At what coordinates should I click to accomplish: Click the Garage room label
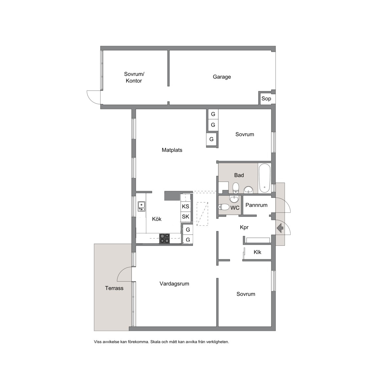coord(222,77)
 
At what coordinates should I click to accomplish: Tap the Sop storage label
coord(266,99)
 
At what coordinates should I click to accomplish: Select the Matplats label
coord(172,150)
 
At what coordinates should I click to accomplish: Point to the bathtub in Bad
coord(264,178)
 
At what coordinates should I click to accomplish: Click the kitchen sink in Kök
coord(141,206)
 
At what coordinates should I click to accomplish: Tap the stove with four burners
coord(165,238)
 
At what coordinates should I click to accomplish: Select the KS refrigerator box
coord(185,206)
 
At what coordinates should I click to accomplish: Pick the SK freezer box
coord(185,217)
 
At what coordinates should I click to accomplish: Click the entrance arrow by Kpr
coord(280,228)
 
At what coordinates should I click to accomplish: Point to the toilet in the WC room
coord(224,207)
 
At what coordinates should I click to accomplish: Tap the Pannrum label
coord(256,205)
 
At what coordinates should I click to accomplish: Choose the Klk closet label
coord(257,252)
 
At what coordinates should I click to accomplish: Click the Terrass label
coord(114,288)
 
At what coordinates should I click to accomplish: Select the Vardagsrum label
coord(174,284)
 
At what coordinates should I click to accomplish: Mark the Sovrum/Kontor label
coord(134,78)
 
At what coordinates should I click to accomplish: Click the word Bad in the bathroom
coord(239,175)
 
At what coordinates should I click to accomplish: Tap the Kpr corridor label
coord(244,227)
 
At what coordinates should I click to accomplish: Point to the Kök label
coord(157,219)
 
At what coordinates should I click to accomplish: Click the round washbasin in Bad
coord(248,190)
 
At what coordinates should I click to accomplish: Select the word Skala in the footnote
coord(155,342)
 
